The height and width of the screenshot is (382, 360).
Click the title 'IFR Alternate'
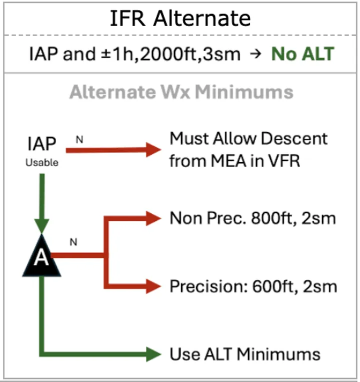(180, 18)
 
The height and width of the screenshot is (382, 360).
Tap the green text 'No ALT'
(303, 54)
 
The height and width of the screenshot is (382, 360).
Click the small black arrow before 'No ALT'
(255, 54)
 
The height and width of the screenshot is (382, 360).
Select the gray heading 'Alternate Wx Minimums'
(181, 92)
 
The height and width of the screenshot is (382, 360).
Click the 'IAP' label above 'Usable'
(42, 144)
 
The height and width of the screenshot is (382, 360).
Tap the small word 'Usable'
(42, 163)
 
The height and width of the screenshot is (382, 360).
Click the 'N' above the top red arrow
(79, 140)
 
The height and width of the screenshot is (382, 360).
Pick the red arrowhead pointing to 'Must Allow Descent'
(153, 150)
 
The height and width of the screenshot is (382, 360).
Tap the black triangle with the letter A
(41, 255)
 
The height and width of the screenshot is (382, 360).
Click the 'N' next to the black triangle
(73, 242)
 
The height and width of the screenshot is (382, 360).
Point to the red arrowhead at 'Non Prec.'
(153, 218)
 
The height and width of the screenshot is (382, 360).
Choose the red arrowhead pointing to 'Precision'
(153, 286)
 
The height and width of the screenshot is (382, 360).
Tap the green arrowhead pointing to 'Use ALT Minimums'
(153, 354)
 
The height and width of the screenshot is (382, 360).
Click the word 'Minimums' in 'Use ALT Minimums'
(278, 354)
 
